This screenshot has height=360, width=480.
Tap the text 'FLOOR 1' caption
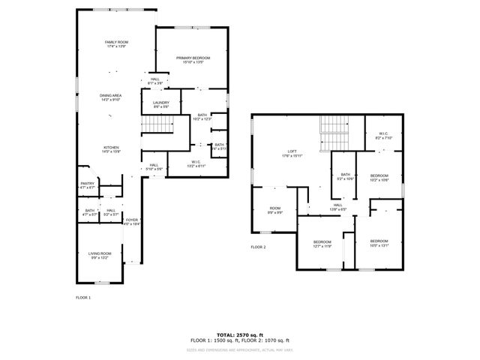pyautogui.click(x=82, y=298)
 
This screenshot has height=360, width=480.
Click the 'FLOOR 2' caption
pyautogui.click(x=258, y=246)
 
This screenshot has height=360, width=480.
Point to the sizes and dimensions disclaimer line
pyautogui.click(x=240, y=349)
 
